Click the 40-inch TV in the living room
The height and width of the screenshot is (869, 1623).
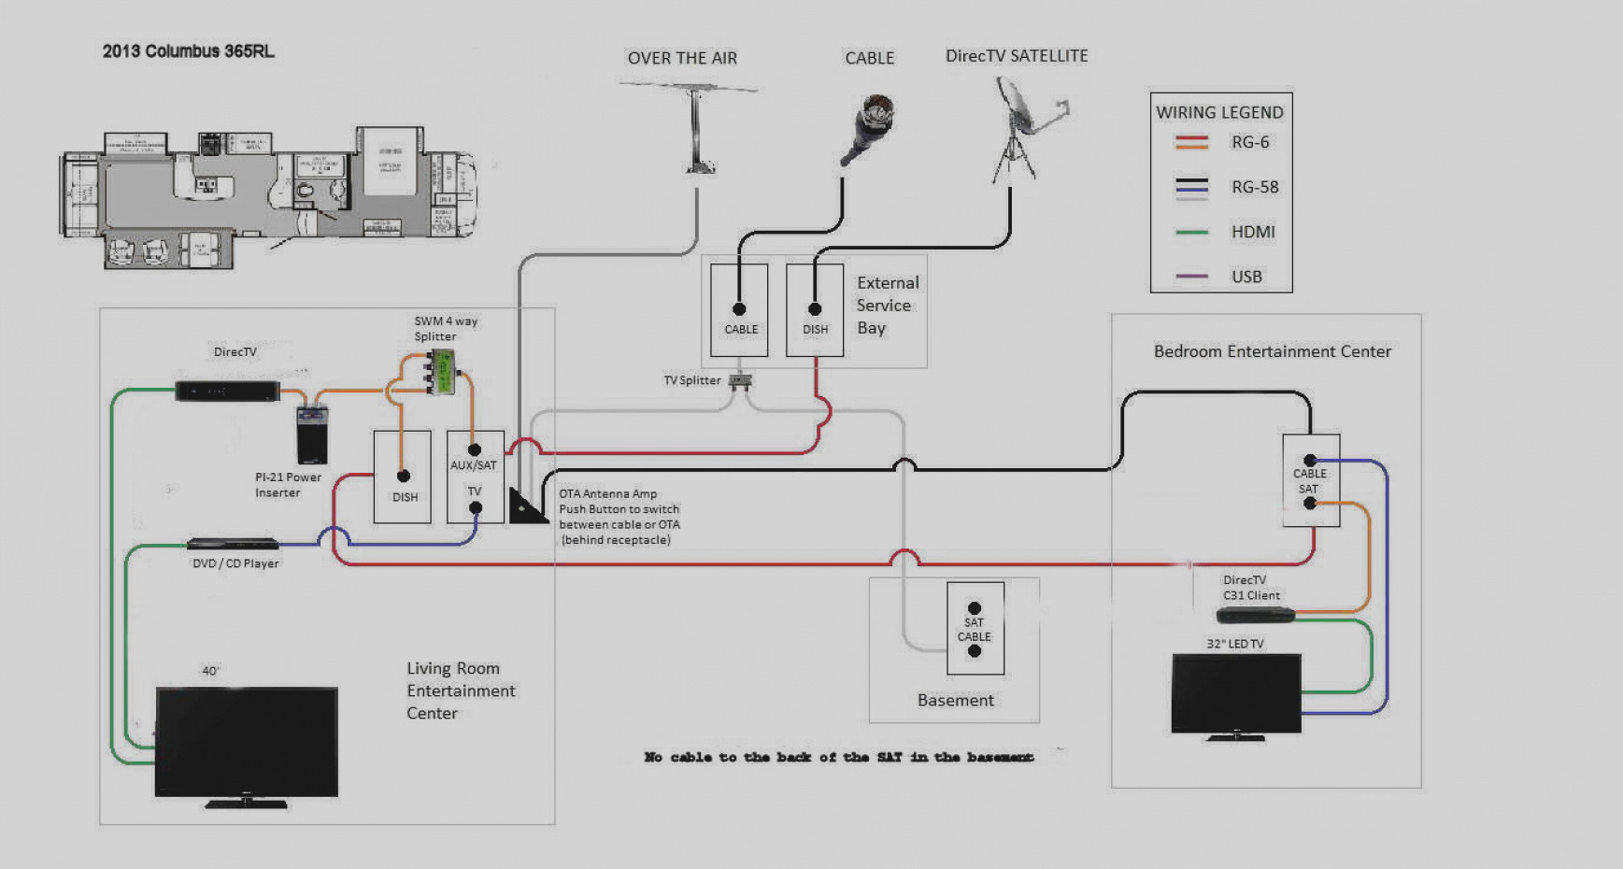point(247,743)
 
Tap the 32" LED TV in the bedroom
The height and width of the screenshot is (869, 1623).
point(1236,692)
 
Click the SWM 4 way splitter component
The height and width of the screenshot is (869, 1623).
point(441,370)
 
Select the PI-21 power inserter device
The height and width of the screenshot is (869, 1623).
point(312,434)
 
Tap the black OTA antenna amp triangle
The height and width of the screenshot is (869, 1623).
point(526,506)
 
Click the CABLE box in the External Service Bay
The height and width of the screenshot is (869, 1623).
point(739,310)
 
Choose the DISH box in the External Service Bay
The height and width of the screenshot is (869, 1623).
point(815,310)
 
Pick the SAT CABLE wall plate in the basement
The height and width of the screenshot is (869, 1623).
point(975,628)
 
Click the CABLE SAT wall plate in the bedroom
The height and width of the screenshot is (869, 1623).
point(1310,480)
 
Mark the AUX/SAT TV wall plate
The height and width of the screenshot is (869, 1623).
point(475,477)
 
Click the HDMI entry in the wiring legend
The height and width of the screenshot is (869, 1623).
point(1252,232)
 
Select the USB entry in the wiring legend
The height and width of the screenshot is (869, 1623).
point(1246,277)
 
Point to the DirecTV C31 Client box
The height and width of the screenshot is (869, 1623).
point(1255,615)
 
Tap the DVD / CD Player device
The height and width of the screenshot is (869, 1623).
point(234,544)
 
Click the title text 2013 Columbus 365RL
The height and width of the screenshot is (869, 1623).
point(189,51)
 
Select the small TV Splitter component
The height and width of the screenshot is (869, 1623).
point(740,380)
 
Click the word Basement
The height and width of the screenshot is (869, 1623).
point(955,700)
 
